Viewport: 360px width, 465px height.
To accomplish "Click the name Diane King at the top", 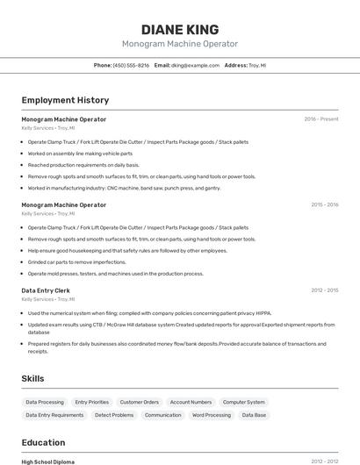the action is (180, 29).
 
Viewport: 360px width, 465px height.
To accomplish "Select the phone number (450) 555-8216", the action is (131, 65).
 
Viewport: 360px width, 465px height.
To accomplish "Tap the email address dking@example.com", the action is (194, 65).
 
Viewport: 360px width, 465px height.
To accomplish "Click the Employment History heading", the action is (65, 101).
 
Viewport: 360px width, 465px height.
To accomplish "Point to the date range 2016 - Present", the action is (320, 119).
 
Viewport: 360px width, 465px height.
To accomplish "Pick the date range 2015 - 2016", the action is (324, 204).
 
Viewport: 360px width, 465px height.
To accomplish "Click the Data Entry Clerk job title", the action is (46, 290).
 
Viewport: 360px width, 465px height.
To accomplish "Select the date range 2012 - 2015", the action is (324, 290).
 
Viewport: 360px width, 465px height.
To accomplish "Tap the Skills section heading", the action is (33, 378).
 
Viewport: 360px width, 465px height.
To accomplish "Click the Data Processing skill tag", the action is (45, 402).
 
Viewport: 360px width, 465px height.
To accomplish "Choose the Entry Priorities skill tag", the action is (92, 402).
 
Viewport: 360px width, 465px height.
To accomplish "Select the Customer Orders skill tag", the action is (140, 402).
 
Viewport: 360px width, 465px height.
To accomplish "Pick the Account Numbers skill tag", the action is (191, 402).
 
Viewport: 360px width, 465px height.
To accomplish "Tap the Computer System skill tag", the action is (243, 402).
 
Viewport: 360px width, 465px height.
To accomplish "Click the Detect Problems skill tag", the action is (114, 415).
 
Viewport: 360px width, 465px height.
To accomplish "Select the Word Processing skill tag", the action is (212, 415).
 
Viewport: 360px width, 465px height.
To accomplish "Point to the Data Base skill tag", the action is (254, 415).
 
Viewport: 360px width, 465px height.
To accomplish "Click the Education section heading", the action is (43, 443).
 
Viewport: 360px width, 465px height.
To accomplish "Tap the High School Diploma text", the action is (48, 461).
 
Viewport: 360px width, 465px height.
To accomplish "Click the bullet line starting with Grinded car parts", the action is (77, 261).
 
